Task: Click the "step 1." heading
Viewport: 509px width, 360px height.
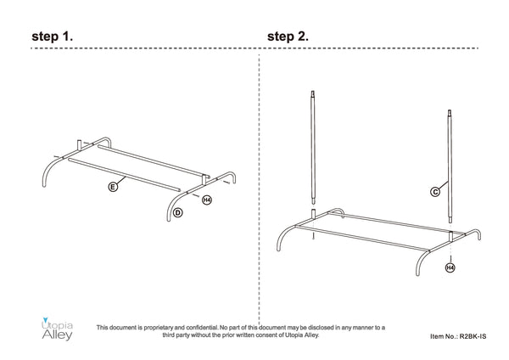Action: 53,36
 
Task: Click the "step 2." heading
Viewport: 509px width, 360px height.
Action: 288,36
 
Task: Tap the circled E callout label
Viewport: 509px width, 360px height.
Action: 113,187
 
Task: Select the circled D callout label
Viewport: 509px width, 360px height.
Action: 178,213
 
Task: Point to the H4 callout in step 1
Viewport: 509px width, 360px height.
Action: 207,200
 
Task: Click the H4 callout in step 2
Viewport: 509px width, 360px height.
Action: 450,267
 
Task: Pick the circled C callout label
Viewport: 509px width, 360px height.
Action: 435,192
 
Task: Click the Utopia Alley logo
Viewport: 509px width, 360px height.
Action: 57,329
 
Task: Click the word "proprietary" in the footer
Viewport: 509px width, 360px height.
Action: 159,328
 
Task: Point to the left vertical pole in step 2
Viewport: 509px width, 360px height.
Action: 313,147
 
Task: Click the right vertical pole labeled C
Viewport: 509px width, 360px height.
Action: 450,166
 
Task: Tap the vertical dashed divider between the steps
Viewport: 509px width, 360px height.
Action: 259,188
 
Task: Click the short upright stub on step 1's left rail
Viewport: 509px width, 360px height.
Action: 79,145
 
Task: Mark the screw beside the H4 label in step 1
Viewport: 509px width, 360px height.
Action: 196,195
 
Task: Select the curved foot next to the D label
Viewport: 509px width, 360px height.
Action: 171,205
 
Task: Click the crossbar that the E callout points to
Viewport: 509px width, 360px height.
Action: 124,174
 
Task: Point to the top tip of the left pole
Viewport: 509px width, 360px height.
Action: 313,92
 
